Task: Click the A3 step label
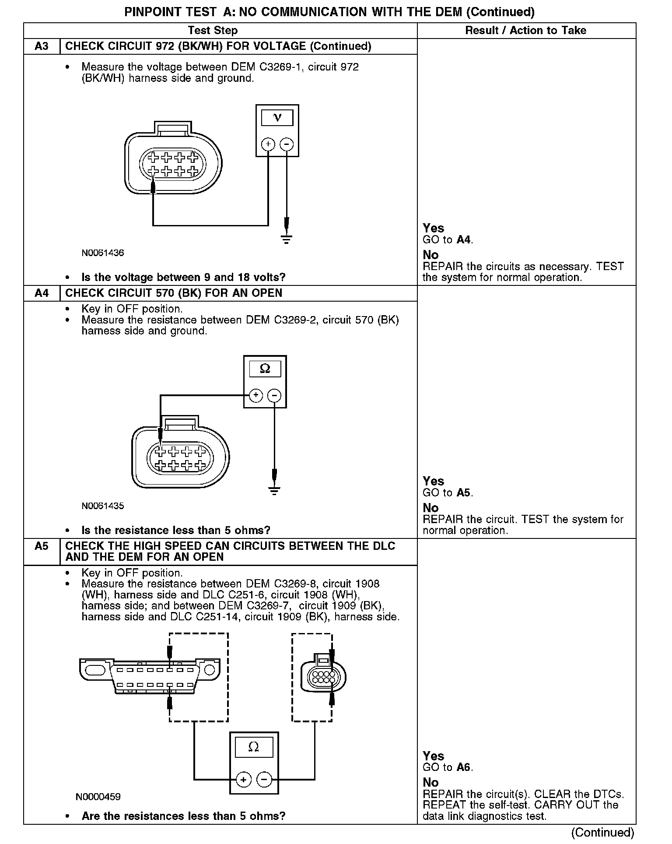tap(42, 46)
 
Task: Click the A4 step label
tap(42, 293)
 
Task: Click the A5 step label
tap(42, 546)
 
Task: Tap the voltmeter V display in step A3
tap(277, 118)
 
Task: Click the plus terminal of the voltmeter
tap(268, 144)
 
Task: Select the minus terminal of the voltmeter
tap(287, 144)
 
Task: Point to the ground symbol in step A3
tap(287, 239)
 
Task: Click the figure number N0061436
tap(102, 253)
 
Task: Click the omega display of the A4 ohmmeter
tap(265, 369)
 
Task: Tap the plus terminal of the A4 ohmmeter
tap(256, 396)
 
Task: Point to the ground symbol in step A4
tap(274, 491)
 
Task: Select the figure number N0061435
tap(102, 506)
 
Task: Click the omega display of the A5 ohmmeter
tap(254, 747)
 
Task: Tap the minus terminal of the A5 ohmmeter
tap(264, 779)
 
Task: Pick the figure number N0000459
tap(98, 797)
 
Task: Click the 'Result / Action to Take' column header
tap(525, 31)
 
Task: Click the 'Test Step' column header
tap(213, 31)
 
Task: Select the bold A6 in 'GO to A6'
tap(463, 767)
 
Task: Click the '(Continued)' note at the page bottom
tap(602, 832)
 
